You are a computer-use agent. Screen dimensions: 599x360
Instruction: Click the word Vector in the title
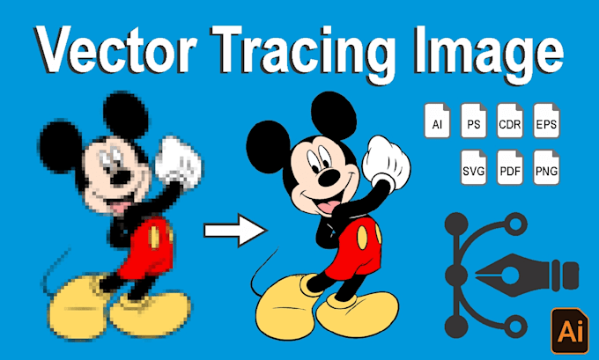click(x=114, y=50)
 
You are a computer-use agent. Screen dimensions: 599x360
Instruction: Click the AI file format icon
click(x=438, y=121)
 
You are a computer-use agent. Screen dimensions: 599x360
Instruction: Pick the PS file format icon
click(x=474, y=121)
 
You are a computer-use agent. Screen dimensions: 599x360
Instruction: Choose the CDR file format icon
click(x=510, y=121)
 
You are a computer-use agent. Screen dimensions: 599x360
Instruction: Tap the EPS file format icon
click(x=546, y=121)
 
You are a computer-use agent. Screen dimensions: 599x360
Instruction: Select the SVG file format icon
click(x=474, y=167)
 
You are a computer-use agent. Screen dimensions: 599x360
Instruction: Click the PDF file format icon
click(x=510, y=167)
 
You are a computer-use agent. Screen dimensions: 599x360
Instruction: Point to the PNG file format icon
click(x=546, y=167)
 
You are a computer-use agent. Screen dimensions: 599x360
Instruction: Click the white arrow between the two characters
click(x=234, y=231)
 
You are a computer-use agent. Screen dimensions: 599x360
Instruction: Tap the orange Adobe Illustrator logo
click(x=570, y=331)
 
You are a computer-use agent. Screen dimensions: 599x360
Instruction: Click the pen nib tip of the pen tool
click(x=477, y=274)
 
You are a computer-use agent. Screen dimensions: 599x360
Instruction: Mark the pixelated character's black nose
click(x=121, y=177)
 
